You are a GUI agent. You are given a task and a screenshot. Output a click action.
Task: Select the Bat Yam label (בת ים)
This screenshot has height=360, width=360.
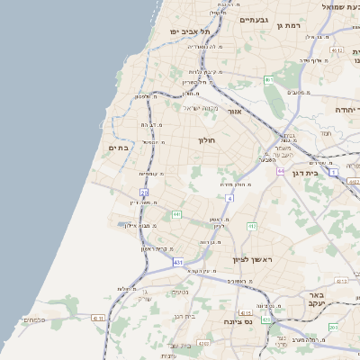tap(120, 148)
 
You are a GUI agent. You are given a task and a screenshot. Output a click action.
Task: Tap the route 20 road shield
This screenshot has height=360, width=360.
tap(144, 193)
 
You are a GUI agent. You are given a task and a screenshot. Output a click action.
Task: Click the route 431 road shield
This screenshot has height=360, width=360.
tap(178, 262)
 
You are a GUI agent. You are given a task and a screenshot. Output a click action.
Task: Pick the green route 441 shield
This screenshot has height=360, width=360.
tap(176, 214)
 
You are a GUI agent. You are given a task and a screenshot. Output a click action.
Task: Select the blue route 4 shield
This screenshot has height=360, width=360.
tap(229, 197)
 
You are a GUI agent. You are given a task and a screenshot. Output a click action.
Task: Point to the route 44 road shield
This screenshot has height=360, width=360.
tap(281, 170)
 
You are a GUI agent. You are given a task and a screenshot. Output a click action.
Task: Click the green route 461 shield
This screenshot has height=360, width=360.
tap(268, 80)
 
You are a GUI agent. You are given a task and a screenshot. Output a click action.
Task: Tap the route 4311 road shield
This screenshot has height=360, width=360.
tap(98, 317)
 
